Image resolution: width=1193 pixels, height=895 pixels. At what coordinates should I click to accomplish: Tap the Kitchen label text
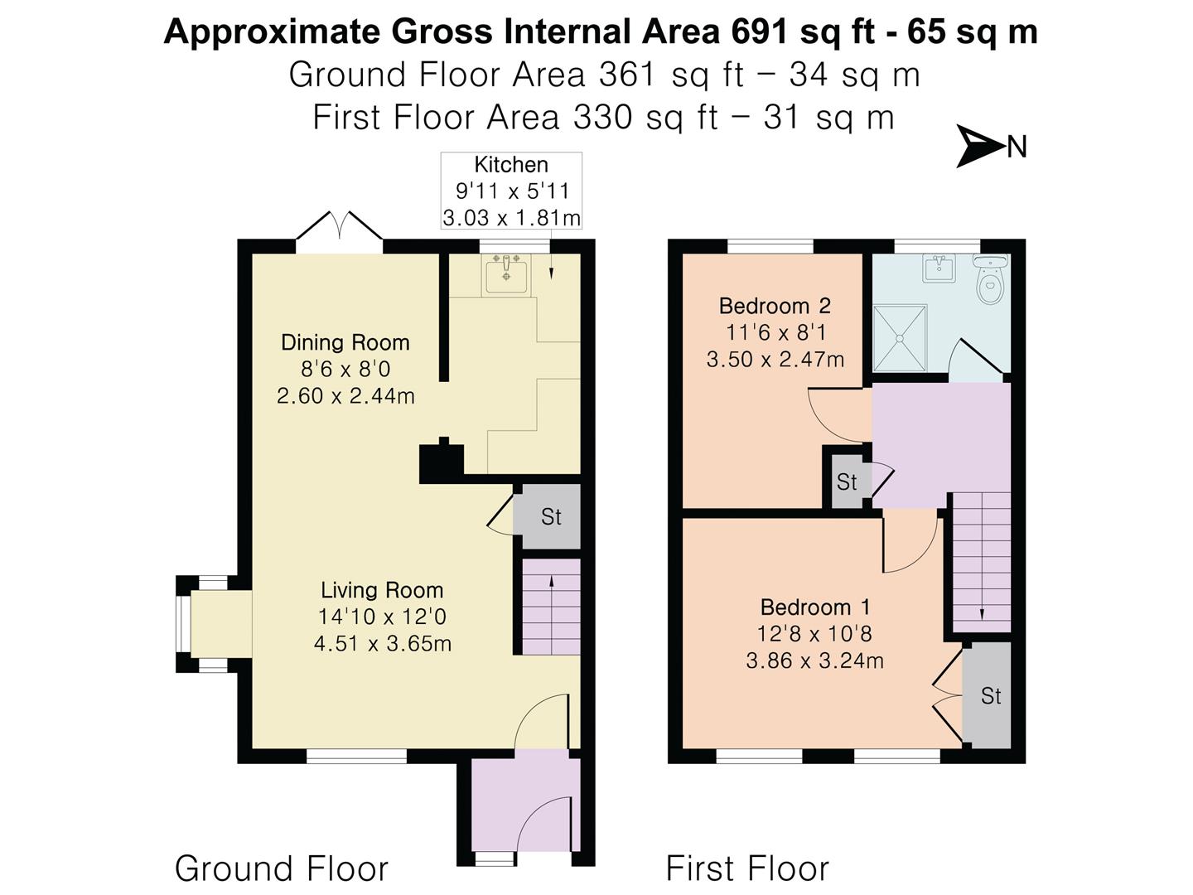click(x=510, y=165)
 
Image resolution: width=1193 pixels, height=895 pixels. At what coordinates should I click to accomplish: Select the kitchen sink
click(x=506, y=274)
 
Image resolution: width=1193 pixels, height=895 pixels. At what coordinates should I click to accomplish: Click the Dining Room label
click(x=345, y=342)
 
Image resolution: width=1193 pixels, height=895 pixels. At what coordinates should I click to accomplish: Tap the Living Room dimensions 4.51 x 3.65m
click(x=383, y=644)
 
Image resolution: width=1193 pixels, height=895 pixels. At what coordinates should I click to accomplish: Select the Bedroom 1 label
click(x=814, y=607)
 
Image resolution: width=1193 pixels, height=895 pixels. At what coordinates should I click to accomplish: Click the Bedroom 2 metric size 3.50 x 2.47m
click(x=775, y=360)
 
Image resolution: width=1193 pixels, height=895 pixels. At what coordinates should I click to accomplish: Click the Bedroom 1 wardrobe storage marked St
click(x=990, y=696)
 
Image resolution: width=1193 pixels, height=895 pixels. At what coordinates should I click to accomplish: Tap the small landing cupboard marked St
click(x=846, y=481)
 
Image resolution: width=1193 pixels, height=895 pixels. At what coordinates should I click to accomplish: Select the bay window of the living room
click(x=184, y=624)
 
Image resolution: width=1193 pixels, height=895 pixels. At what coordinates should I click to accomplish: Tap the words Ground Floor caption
click(x=281, y=868)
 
